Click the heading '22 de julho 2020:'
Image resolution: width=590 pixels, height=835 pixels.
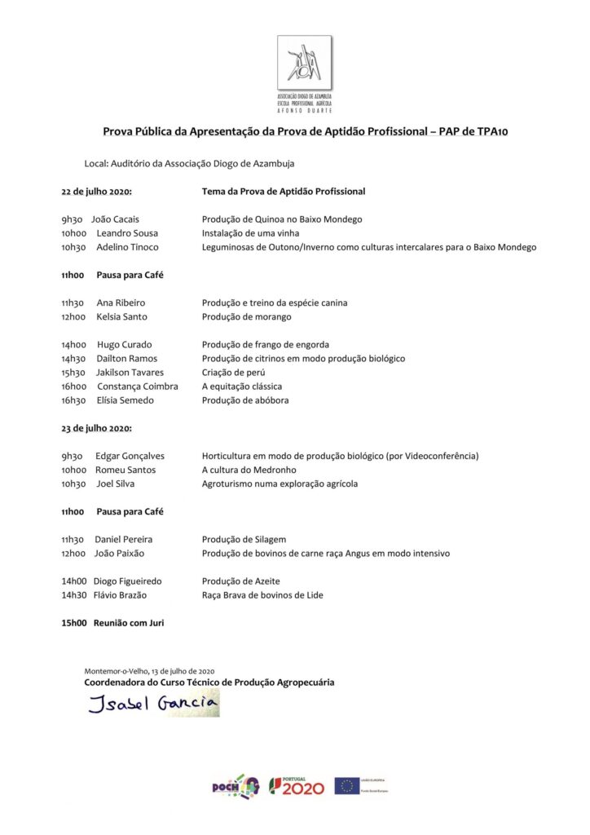[96, 192]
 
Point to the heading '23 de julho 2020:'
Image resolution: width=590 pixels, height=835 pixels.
[96, 428]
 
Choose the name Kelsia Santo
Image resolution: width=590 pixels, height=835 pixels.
[122, 316]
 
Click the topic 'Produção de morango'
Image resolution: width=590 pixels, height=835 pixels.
[246, 316]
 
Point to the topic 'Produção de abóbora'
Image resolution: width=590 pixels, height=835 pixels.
[245, 400]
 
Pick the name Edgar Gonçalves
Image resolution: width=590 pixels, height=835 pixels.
[130, 456]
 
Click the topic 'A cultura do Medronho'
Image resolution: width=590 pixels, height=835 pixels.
[249, 470]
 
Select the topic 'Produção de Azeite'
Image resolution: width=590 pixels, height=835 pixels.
[240, 581]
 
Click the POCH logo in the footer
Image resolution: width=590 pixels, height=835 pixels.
[236, 786]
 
